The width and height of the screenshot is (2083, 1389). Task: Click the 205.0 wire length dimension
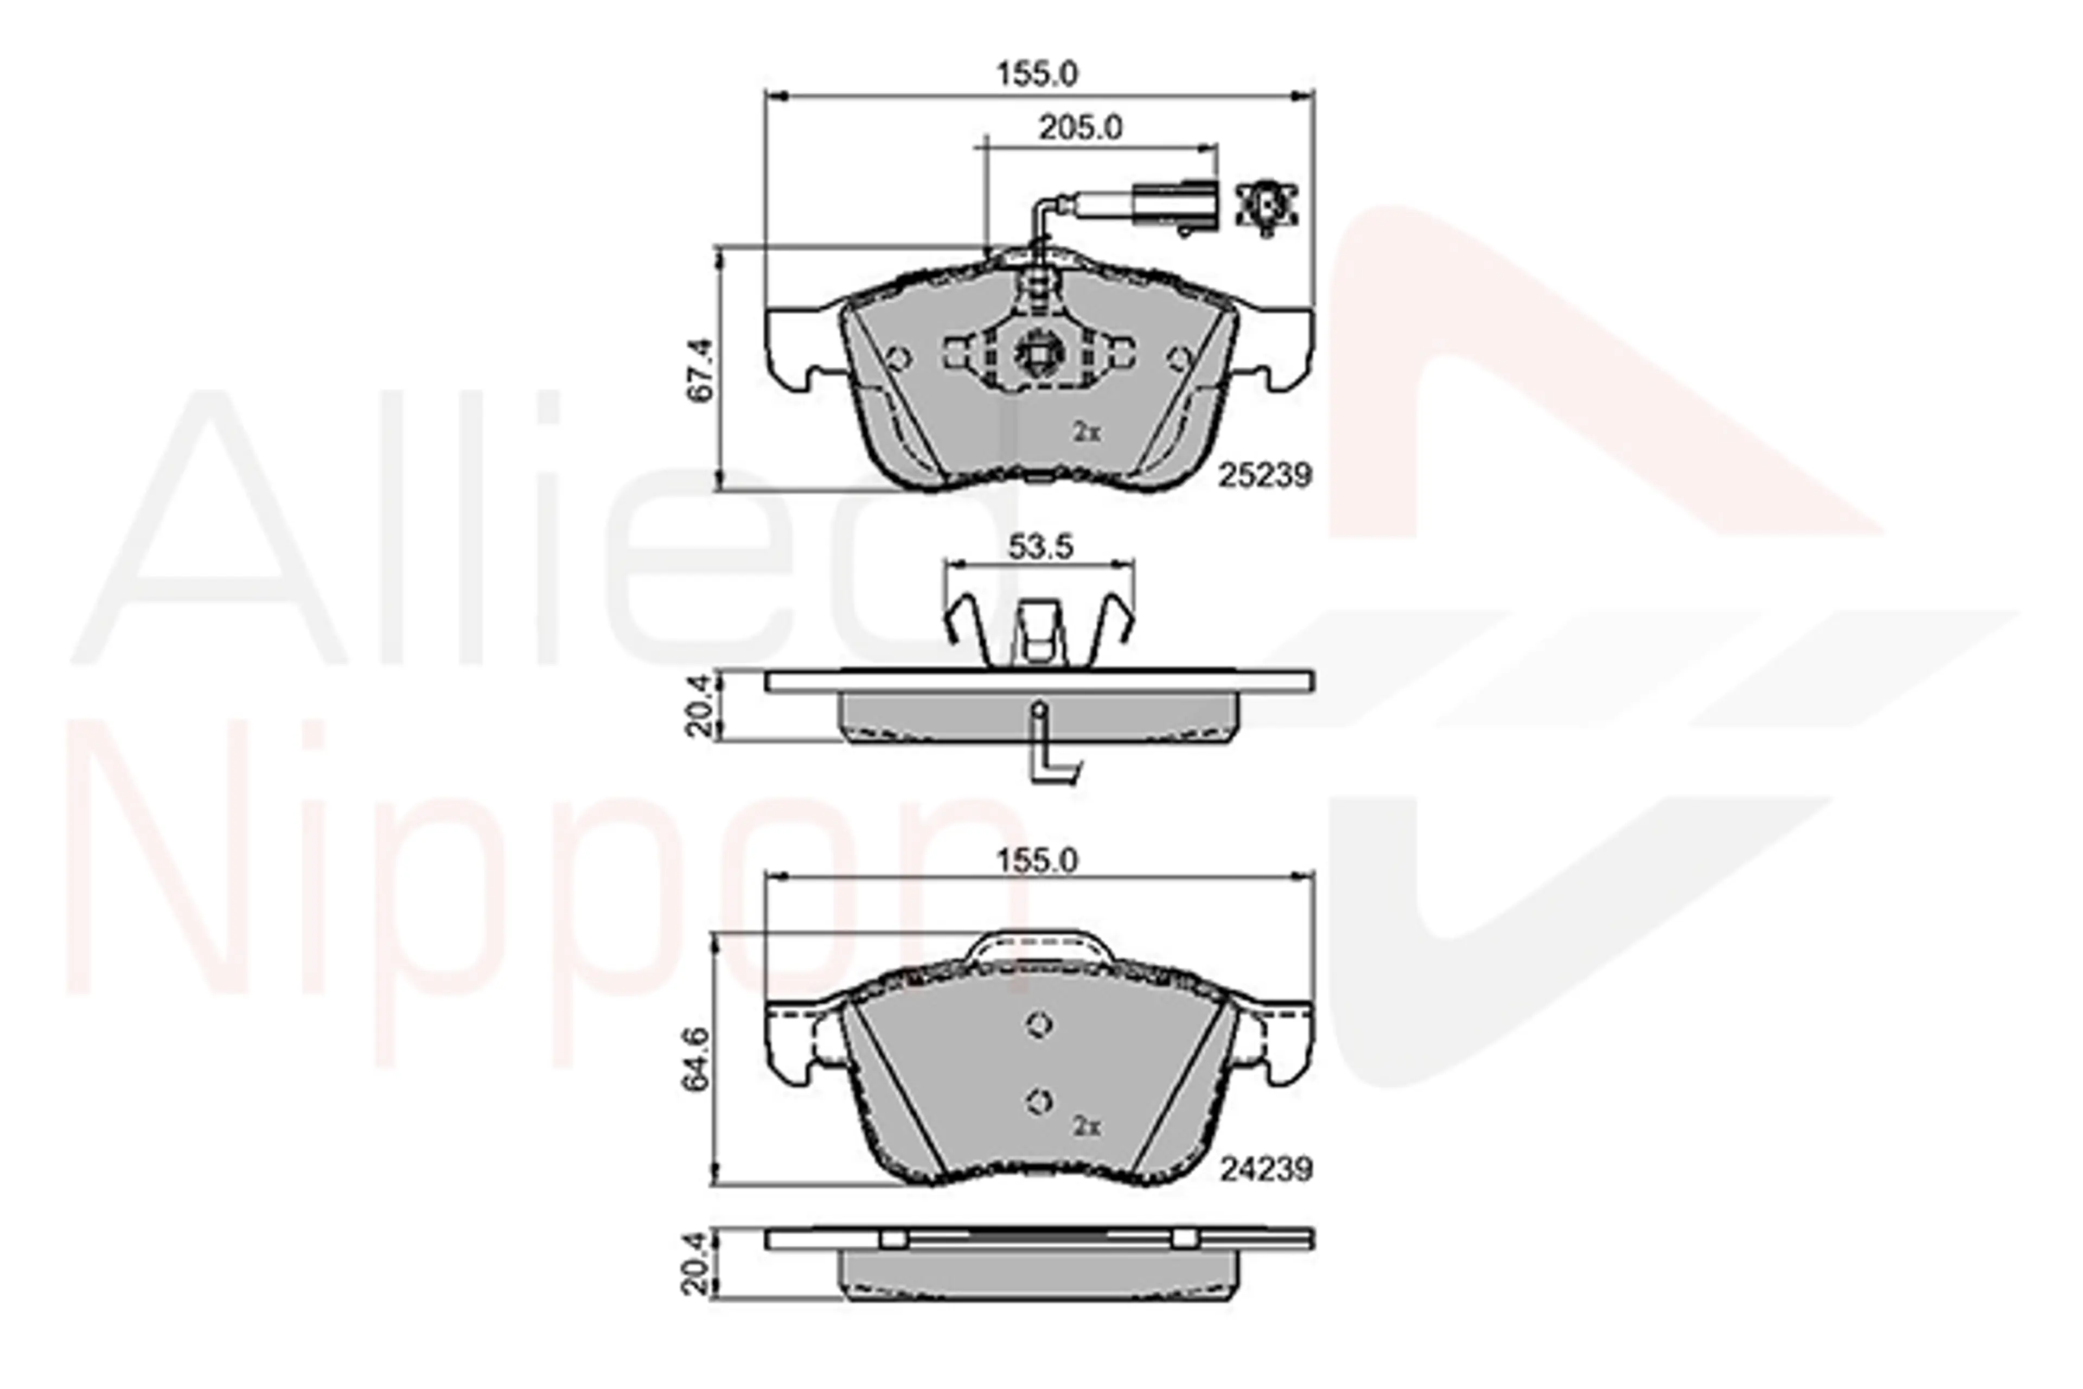[x=1081, y=129]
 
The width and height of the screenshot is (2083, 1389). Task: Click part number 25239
[x=1264, y=476]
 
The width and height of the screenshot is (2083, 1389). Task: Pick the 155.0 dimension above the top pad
[x=1038, y=74]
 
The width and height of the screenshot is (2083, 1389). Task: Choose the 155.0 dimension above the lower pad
[x=1038, y=861]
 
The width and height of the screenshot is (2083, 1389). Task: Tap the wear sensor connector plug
[x=1175, y=206]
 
